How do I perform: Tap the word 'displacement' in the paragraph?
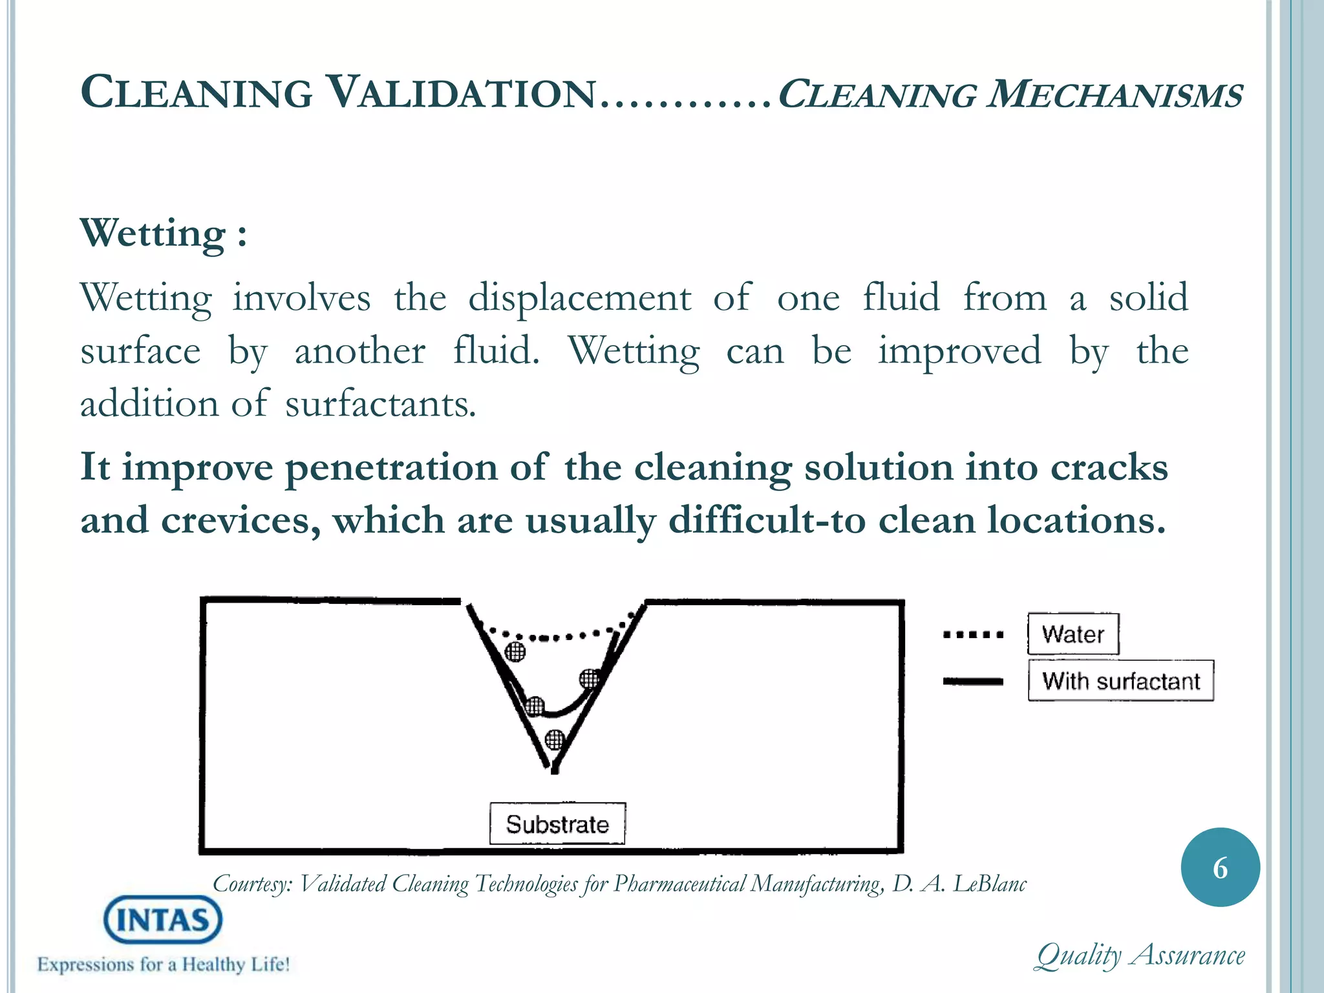tap(579, 299)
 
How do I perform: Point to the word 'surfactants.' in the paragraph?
tap(381, 405)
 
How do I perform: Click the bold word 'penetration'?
tap(392, 467)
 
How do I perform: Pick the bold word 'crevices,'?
tap(240, 520)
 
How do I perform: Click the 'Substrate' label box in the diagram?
tap(557, 824)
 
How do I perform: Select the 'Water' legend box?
tap(1073, 634)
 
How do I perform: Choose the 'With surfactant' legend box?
tap(1121, 681)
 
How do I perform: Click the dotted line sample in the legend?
tap(974, 634)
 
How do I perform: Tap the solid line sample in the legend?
tap(974, 681)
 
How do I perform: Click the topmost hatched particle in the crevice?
tap(515, 652)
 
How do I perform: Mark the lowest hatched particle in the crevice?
tap(555, 739)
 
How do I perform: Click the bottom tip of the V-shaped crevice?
tap(554, 769)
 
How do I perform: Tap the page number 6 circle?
tap(1220, 868)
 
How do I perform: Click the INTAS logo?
tap(163, 919)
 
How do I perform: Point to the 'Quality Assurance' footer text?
tap(1140, 956)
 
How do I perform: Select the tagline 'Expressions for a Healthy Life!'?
tap(164, 965)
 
